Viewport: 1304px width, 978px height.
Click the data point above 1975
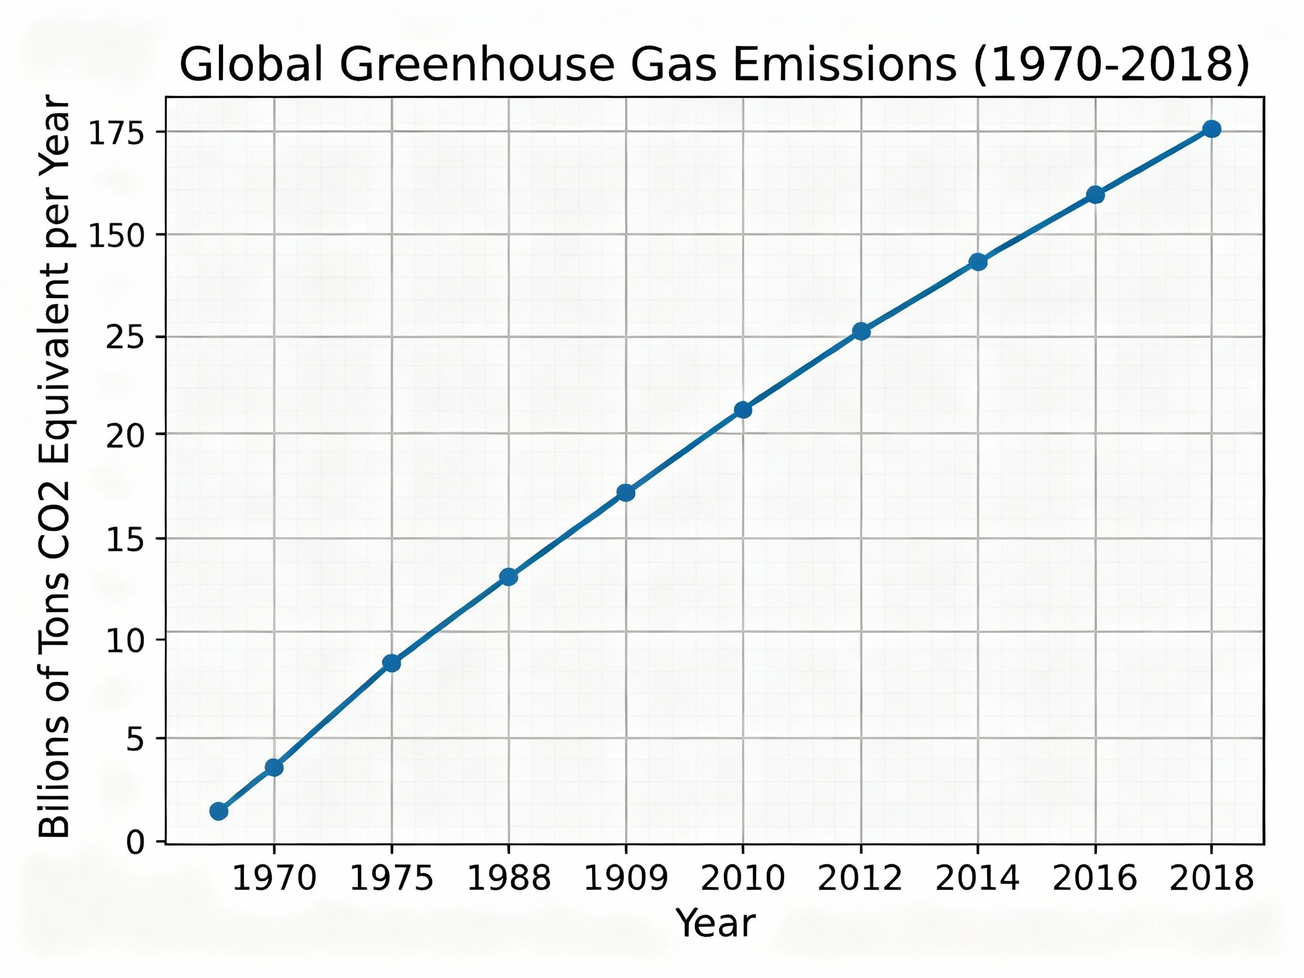coord(392,663)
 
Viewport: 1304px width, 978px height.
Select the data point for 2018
coord(1211,129)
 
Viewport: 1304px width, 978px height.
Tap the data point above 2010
coord(743,410)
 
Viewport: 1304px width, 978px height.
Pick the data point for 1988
coord(509,577)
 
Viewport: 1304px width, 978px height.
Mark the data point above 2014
coord(978,261)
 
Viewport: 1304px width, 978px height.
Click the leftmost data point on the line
coord(218,811)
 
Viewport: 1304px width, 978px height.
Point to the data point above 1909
coord(625,493)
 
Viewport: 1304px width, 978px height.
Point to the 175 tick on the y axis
coord(116,134)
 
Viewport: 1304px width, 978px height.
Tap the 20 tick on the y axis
coord(126,437)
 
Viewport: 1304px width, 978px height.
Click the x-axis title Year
coord(715,923)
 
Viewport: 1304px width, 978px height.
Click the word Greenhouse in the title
coord(478,65)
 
